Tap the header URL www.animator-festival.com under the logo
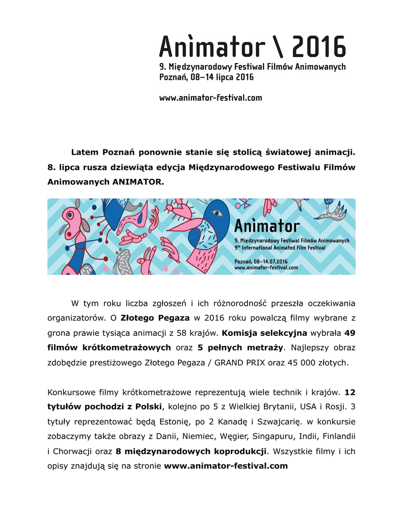(x=210, y=97)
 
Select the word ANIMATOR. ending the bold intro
(x=140, y=182)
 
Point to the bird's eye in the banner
(x=218, y=213)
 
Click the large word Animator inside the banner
(x=266, y=226)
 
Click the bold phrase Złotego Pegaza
(x=155, y=318)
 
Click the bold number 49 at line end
(x=350, y=333)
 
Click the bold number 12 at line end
(x=350, y=392)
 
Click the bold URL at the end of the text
(x=226, y=466)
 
